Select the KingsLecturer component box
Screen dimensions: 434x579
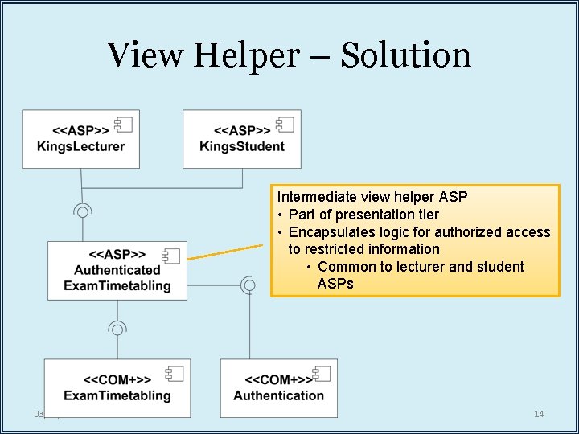click(80, 138)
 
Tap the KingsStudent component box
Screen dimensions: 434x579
click(241, 138)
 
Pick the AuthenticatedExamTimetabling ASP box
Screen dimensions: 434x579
click(117, 270)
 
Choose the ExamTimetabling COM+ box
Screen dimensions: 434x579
click(117, 387)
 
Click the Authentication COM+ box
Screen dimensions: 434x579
click(278, 387)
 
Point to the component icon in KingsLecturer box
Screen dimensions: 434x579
click(123, 124)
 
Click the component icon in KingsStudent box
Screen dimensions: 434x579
click(284, 124)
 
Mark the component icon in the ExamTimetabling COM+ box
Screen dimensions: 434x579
click(175, 373)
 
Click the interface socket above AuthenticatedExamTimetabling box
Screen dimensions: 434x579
click(81, 211)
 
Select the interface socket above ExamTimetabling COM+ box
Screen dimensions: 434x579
click(117, 329)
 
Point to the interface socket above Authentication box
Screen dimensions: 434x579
click(249, 285)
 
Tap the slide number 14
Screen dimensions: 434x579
click(539, 414)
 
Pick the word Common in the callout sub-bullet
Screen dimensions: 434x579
click(343, 267)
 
